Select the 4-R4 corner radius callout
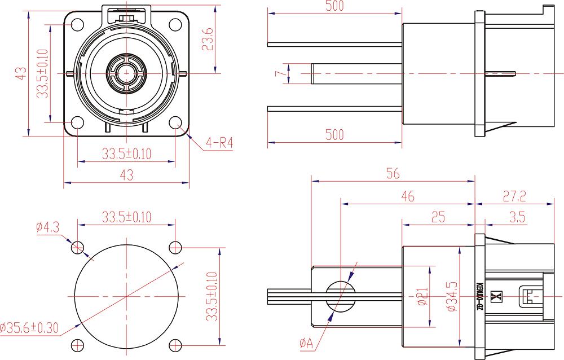click(219, 143)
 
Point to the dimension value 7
click(277, 73)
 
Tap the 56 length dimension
click(393, 173)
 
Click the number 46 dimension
click(407, 196)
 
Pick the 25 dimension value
click(438, 217)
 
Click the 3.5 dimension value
click(517, 217)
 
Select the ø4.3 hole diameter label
click(47, 227)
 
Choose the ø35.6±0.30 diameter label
click(29, 328)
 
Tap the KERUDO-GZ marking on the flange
click(480, 296)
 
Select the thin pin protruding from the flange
click(501, 73)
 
